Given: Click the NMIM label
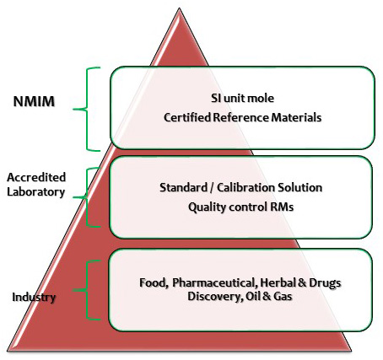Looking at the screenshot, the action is [34, 101].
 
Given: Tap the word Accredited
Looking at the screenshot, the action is [36, 177].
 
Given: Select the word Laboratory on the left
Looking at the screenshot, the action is [36, 192].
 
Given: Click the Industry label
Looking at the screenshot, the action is [34, 298].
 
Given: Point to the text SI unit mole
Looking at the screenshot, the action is [242, 98].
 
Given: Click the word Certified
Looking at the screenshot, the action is [187, 117].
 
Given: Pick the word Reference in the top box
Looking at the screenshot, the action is [241, 117].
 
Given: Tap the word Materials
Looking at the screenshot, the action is [296, 117].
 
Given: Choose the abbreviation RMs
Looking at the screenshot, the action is [282, 207].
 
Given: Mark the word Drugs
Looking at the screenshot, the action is [325, 283].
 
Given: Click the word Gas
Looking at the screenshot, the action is [283, 296].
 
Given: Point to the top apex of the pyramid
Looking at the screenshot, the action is [179, 8].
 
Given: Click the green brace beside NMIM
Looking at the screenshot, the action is [87, 109].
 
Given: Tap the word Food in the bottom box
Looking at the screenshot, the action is [154, 282].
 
